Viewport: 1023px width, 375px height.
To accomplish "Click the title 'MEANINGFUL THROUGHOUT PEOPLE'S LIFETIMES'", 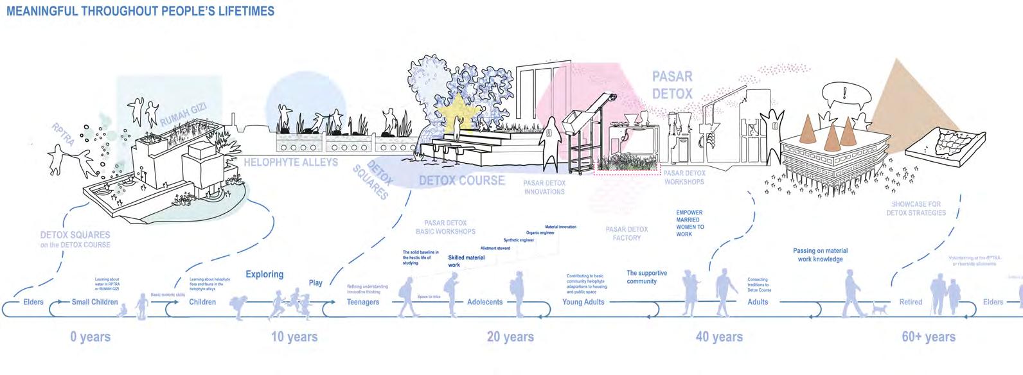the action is point(140,12).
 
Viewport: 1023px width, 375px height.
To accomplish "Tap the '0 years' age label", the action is point(91,337).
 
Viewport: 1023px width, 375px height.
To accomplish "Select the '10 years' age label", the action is point(294,337).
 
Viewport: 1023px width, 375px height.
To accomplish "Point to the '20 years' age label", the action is point(510,337).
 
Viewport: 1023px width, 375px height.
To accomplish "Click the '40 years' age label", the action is point(719,337).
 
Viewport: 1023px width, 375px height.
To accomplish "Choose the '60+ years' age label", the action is point(929,337).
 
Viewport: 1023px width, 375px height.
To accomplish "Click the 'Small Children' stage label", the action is point(95,302).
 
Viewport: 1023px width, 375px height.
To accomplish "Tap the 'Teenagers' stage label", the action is point(363,302).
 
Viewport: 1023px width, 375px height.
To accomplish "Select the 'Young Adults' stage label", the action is point(583,302).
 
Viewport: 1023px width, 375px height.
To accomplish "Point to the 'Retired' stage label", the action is point(911,302).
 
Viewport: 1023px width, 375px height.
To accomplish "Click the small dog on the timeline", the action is point(878,310).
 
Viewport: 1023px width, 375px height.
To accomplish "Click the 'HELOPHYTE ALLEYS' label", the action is point(290,162).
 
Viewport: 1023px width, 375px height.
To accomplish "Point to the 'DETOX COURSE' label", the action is point(462,180).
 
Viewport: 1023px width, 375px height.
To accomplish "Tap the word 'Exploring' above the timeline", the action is point(264,274).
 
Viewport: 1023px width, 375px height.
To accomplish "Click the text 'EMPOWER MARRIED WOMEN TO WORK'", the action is point(689,223).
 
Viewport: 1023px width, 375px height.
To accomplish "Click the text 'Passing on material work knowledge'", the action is point(820,255).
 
